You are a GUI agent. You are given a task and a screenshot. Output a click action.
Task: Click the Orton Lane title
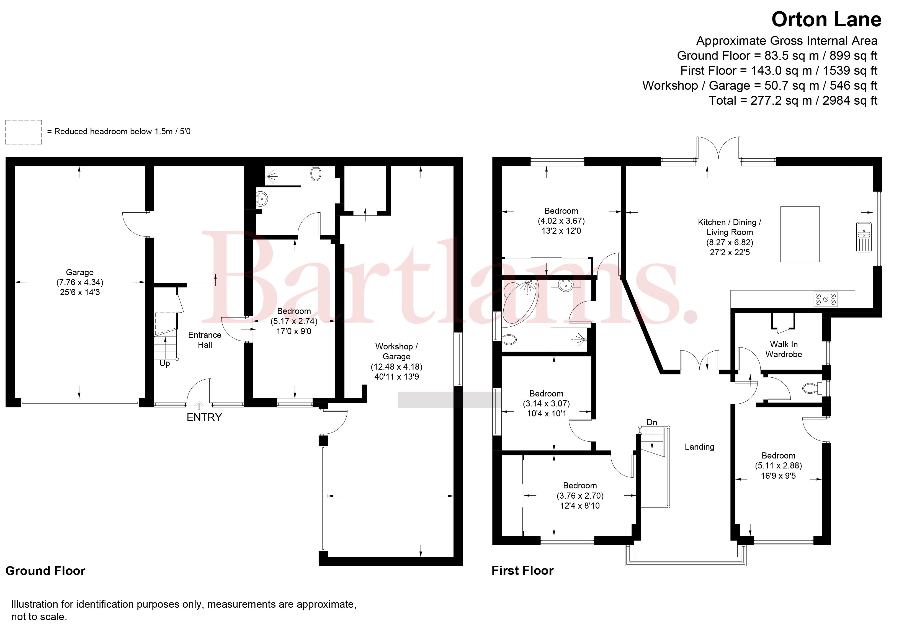click(x=826, y=19)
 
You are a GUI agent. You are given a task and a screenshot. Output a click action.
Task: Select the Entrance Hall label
click(x=205, y=340)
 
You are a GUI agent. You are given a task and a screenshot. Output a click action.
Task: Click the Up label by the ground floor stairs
click(x=165, y=363)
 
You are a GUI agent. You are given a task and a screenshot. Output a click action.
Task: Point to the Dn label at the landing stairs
click(x=652, y=422)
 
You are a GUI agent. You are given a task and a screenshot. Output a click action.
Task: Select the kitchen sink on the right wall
click(x=864, y=237)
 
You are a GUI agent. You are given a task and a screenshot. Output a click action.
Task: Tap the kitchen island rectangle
click(x=800, y=234)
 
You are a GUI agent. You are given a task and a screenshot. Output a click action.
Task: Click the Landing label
click(x=699, y=447)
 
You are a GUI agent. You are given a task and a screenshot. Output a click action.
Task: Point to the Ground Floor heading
click(x=45, y=571)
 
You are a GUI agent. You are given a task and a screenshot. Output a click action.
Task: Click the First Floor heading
click(x=522, y=571)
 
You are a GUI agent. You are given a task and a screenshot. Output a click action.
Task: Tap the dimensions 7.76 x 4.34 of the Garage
click(x=80, y=282)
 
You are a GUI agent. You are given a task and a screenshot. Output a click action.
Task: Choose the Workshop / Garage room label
click(x=396, y=351)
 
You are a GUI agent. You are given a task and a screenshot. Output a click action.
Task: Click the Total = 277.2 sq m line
click(x=793, y=101)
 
